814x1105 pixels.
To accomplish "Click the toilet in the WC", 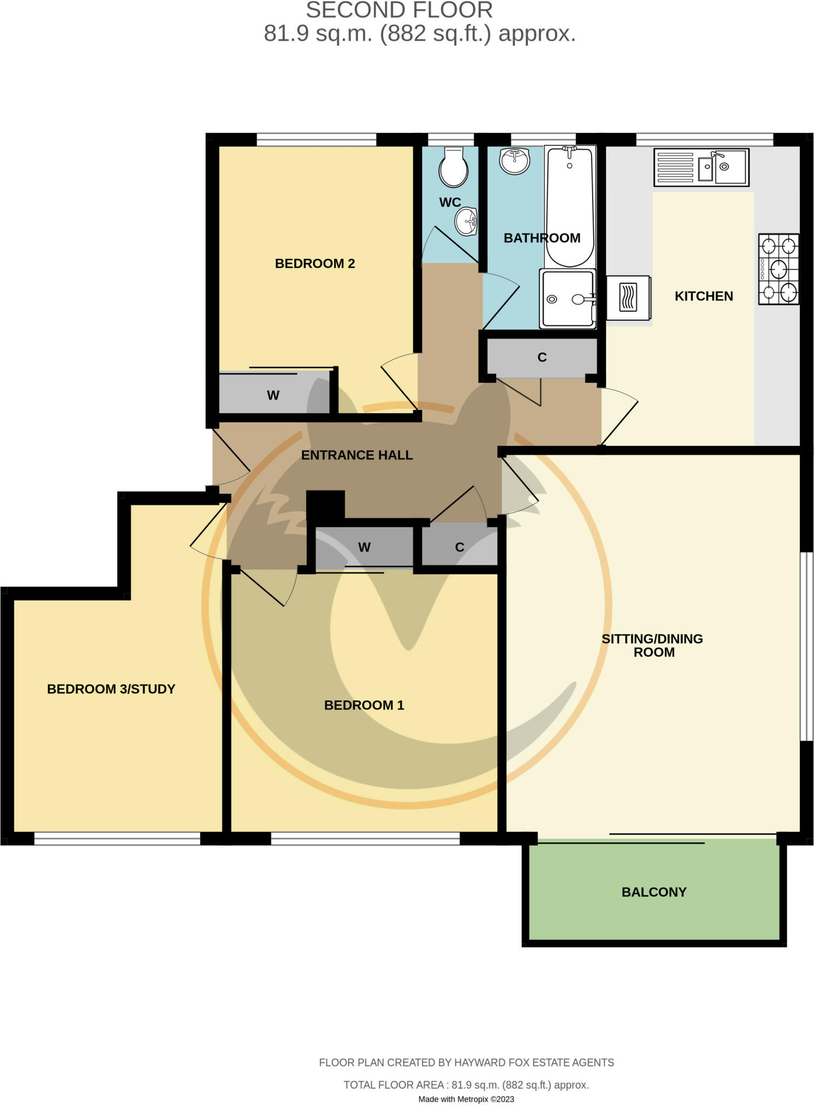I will (453, 167).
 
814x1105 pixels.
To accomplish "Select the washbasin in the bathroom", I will (514, 161).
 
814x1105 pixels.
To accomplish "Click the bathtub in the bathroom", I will (569, 205).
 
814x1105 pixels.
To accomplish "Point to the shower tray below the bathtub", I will (567, 298).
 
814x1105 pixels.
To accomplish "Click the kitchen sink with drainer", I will (701, 167).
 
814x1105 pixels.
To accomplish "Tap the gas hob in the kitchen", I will (778, 269).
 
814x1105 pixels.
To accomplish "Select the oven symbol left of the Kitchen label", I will (628, 298).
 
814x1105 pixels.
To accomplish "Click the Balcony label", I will (654, 892).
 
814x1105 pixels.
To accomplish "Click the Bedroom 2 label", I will (315, 263).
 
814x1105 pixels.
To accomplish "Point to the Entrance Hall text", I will (357, 455).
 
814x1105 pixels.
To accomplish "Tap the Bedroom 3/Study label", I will (111, 689).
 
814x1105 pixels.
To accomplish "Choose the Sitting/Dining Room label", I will (652, 645).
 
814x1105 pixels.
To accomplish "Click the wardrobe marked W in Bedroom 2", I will (274, 394).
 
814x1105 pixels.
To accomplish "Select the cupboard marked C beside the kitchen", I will (542, 357).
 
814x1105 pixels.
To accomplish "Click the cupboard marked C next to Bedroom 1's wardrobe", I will (459, 547).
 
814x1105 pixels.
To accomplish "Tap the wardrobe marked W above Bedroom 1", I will (364, 547).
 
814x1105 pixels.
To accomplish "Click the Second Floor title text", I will (399, 10).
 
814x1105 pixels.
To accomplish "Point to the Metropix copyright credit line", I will (466, 1099).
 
